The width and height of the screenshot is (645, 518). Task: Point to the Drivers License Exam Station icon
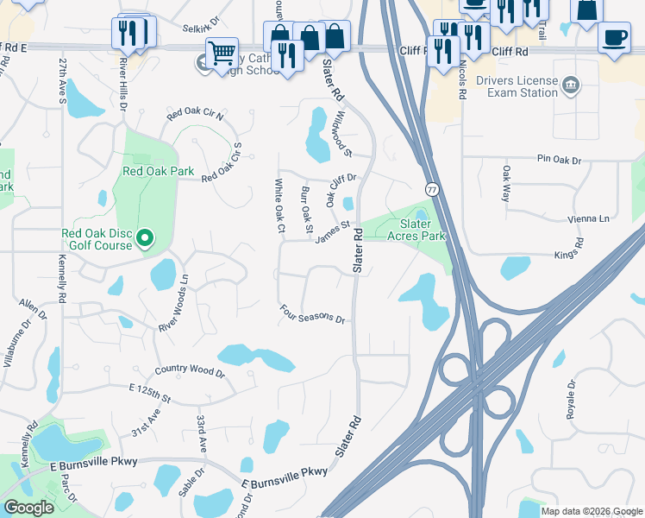pos(571,85)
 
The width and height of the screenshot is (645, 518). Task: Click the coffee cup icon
pos(614,39)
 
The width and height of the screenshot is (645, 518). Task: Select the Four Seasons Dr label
pos(312,314)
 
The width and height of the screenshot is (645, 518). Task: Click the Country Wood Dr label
pos(190,371)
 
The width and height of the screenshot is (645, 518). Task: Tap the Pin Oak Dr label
pos(560,160)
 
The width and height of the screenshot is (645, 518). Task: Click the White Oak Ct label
pos(279,205)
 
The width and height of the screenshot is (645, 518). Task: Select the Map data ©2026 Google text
pos(591,511)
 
